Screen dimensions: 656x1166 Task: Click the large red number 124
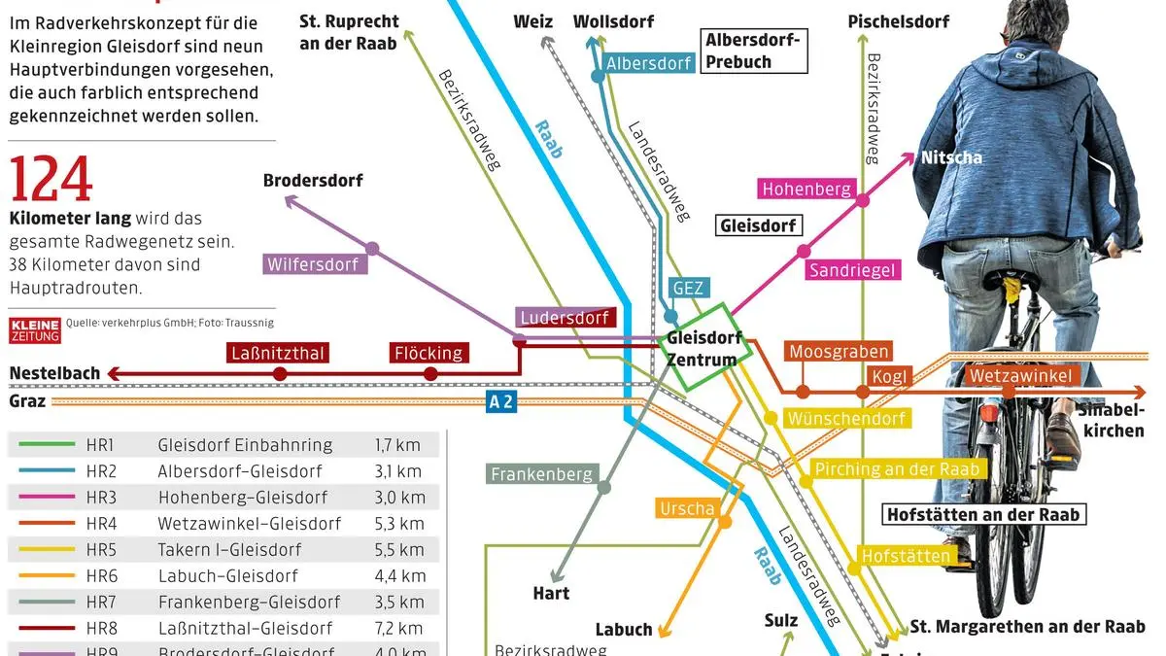pos(51,180)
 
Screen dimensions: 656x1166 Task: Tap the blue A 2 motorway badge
pos(500,402)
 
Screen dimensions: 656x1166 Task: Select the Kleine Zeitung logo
pos(35,329)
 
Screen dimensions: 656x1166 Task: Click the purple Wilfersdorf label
pos(312,264)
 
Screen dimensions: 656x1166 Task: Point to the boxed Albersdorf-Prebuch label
pos(752,52)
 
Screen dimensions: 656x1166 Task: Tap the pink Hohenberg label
pos(806,190)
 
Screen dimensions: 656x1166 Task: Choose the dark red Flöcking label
pos(428,353)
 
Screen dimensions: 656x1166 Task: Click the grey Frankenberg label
pos(541,474)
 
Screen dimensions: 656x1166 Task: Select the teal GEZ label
pos(687,288)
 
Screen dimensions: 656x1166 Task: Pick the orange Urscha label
pos(687,508)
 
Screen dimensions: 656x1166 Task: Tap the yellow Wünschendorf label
pos(847,419)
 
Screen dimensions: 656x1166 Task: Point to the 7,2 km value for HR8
pos(398,629)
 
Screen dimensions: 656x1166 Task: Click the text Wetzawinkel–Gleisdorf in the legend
pos(250,524)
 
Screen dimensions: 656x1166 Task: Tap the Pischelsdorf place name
pos(898,21)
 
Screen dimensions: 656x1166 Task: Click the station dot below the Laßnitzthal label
pos(280,373)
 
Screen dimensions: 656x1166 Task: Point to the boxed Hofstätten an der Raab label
pos(983,514)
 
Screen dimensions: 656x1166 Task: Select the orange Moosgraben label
pos(838,352)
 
